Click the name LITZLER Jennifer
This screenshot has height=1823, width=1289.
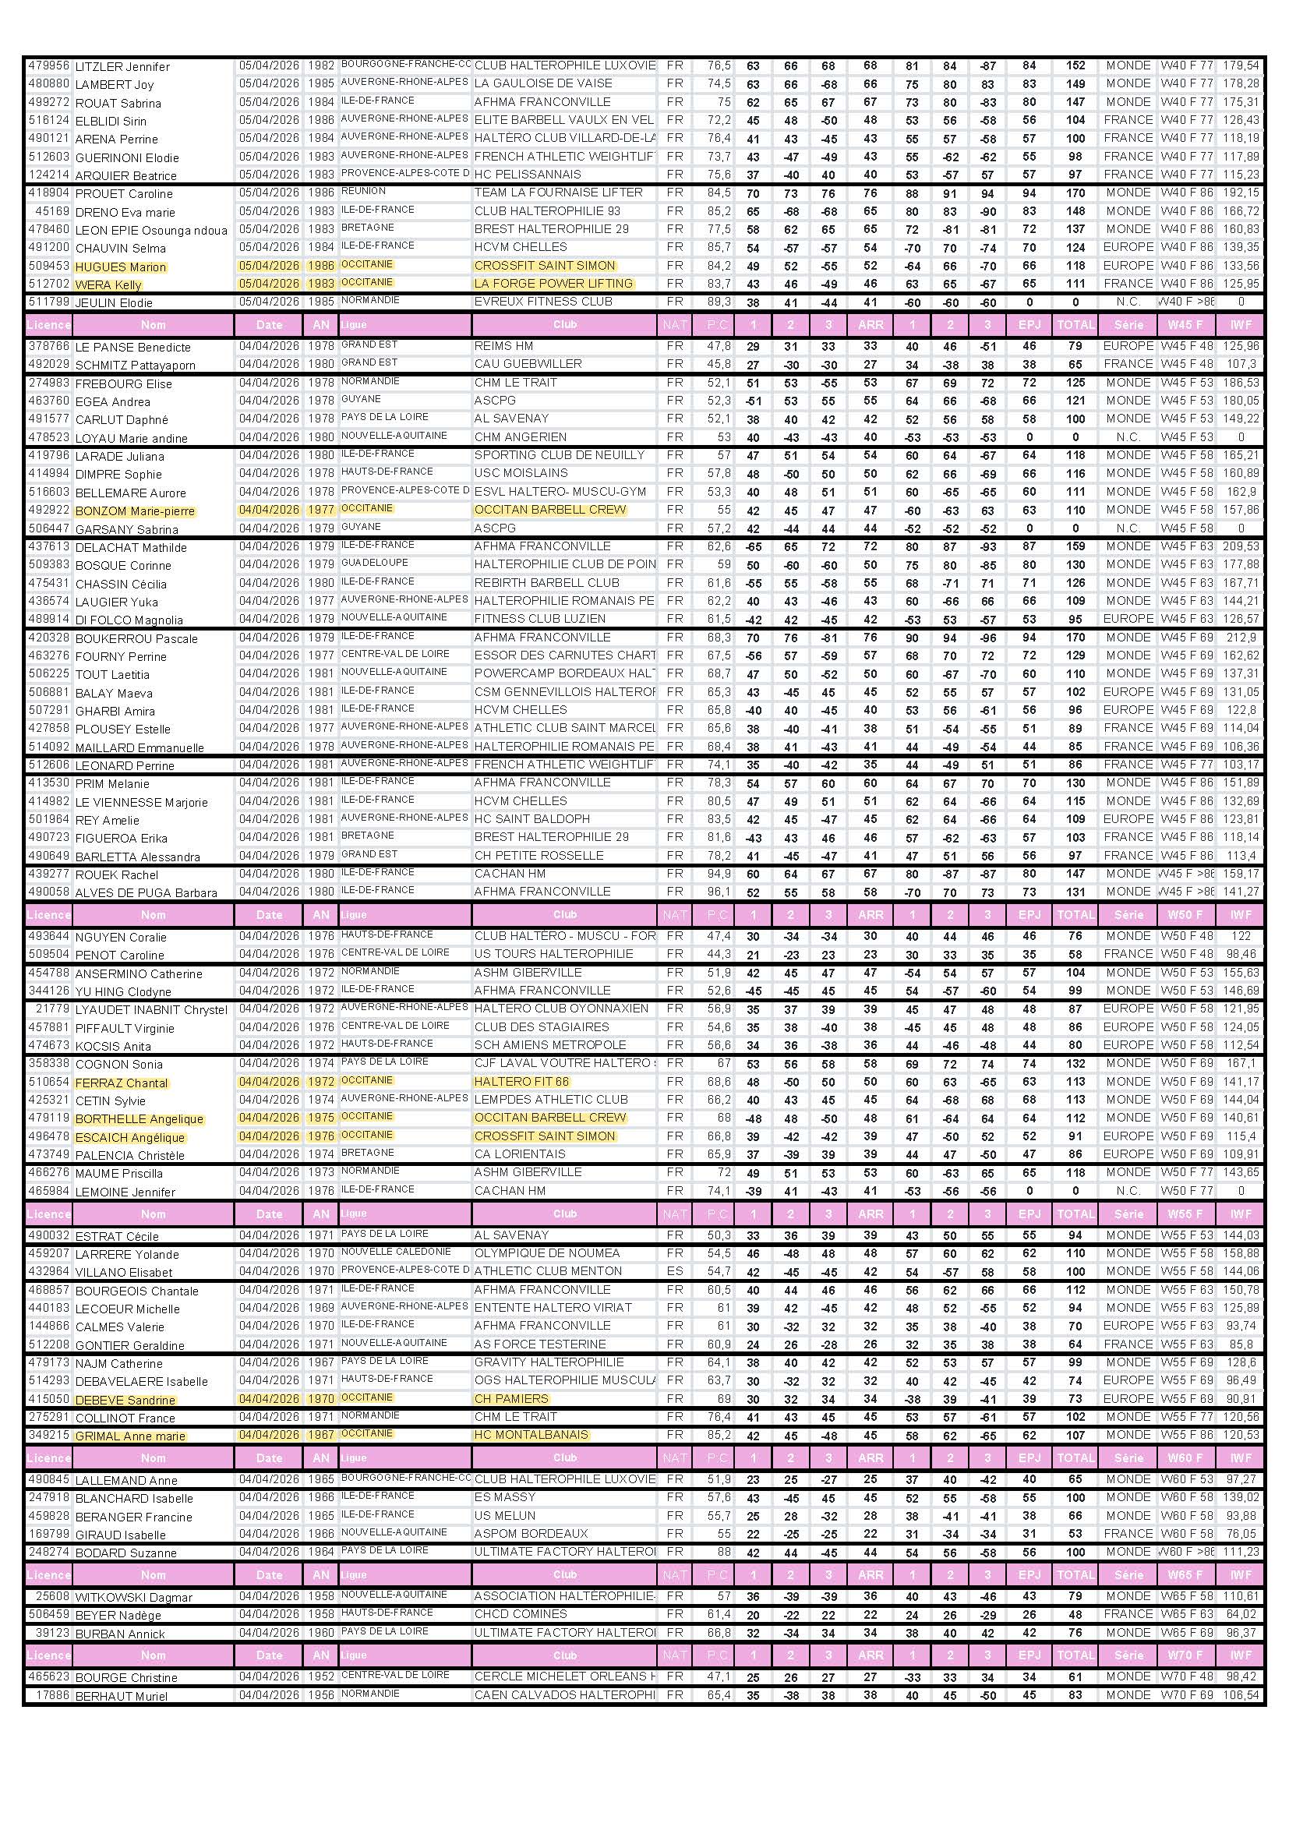122,67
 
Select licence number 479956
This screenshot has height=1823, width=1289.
48,66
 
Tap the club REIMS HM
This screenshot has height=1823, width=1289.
503,346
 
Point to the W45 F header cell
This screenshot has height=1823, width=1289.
1186,324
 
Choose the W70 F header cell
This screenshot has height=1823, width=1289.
1186,1655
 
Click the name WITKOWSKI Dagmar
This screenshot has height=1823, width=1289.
133,1597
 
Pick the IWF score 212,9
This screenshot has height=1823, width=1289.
1241,638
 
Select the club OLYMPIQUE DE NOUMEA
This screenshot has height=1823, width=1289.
546,1253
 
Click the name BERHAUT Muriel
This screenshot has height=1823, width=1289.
122,1696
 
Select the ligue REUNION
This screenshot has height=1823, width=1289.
362,192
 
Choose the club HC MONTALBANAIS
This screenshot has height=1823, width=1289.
531,1435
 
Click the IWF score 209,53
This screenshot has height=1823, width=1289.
1241,546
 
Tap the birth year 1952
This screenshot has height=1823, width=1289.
320,1677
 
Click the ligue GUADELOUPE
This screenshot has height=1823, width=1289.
374,564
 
